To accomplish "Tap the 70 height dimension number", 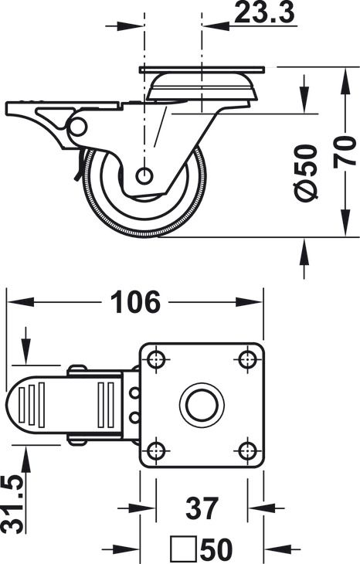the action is [345, 151].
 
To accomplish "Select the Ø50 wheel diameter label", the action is [305, 172].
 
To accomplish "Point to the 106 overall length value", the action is [135, 301].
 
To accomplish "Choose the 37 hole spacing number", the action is [202, 508].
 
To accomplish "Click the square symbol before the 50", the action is [184, 549].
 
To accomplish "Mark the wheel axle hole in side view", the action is [144, 175].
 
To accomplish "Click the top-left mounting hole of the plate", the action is [156, 358].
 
